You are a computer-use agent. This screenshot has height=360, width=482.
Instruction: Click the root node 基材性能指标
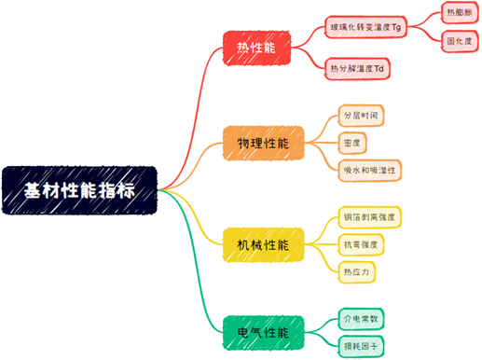[79, 190]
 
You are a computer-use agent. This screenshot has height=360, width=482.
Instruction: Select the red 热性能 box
[257, 47]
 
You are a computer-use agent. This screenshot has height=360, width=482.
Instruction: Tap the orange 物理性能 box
[262, 144]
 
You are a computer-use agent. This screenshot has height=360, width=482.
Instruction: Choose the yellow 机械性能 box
[262, 244]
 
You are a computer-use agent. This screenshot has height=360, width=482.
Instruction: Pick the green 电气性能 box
[262, 332]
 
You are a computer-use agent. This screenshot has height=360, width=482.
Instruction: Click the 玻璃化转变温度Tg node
[365, 28]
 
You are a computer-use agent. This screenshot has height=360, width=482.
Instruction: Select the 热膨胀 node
[459, 14]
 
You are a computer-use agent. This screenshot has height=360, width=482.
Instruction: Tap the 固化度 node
[459, 42]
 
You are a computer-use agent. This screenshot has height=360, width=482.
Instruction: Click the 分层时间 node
[362, 116]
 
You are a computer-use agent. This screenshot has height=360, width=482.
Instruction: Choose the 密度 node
[351, 143]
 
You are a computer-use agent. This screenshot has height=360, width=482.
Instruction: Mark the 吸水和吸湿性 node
[370, 170]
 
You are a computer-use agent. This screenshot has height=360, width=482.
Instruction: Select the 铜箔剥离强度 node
[369, 217]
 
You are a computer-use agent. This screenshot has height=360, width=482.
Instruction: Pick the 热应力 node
[356, 271]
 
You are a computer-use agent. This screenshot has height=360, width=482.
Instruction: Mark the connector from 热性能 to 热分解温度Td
[310, 61]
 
